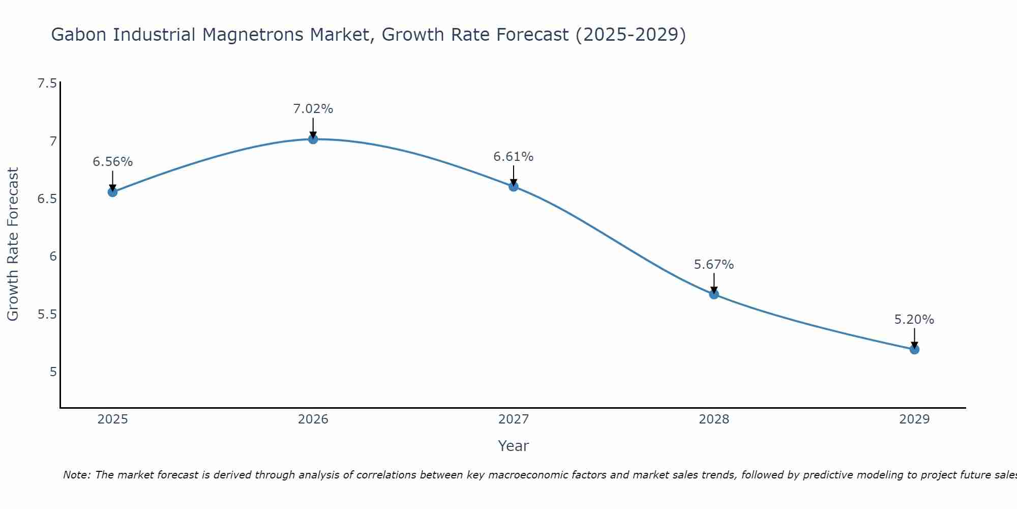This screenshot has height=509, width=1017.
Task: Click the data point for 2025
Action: pos(112,192)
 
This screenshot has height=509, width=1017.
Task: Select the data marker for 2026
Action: pos(313,139)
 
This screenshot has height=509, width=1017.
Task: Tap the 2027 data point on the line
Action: pos(514,186)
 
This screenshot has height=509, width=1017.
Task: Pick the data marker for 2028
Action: pos(714,294)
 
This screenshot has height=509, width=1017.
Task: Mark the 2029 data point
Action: pos(914,349)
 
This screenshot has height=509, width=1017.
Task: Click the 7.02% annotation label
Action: pos(313,109)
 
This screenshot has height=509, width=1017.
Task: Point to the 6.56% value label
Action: pos(112,162)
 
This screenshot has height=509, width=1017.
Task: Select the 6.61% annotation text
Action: pos(514,157)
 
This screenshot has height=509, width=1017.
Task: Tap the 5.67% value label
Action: pos(714,265)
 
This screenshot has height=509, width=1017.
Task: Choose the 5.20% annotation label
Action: pos(914,320)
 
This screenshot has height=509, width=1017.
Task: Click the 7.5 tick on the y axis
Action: pos(47,83)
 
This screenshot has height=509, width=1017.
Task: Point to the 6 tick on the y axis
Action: pos(53,257)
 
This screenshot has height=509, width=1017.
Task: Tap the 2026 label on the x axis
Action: pos(313,419)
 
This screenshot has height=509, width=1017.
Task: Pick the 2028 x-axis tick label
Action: pos(714,419)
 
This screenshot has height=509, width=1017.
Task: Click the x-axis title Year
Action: pos(514,446)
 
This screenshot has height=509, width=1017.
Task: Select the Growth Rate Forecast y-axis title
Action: pos(13,244)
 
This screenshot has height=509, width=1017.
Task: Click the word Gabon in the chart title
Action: pos(79,35)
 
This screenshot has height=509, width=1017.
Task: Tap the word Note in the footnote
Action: pos(76,475)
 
